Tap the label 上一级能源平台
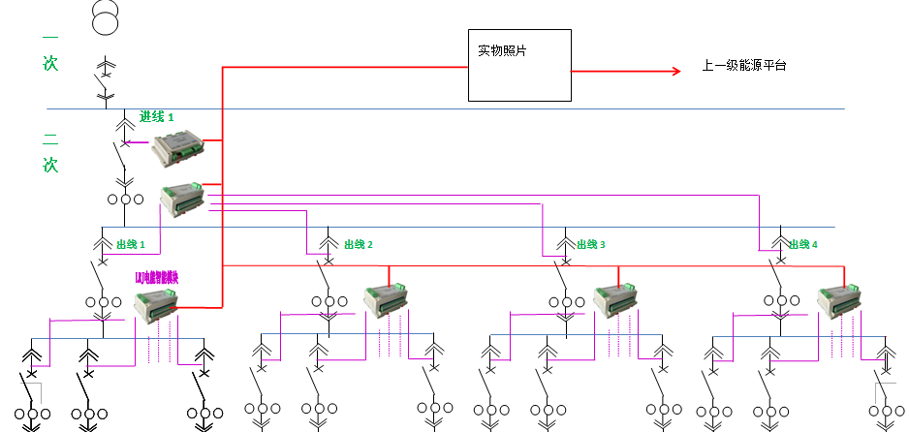coord(743,67)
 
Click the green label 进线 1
coord(157,116)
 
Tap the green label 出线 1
coord(131,244)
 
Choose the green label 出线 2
coord(358,245)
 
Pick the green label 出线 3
coord(590,245)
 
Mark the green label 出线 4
coord(802,245)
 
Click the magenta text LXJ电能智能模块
coord(156,278)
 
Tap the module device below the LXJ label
coord(156,305)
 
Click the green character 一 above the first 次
coord(49,37)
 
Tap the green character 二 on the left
coord(49,137)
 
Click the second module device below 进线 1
coord(183,200)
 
